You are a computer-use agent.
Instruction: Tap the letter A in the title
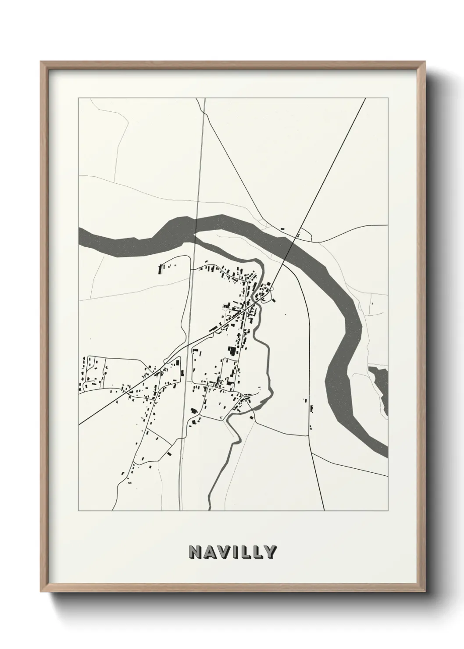(210, 552)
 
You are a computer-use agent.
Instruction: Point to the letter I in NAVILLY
(236, 552)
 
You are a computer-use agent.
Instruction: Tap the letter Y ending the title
(270, 552)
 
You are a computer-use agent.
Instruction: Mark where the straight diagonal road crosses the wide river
(291, 248)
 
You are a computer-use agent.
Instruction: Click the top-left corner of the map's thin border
(79, 98)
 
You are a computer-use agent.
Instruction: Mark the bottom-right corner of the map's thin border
(388, 511)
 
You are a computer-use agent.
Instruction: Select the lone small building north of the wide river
(282, 229)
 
